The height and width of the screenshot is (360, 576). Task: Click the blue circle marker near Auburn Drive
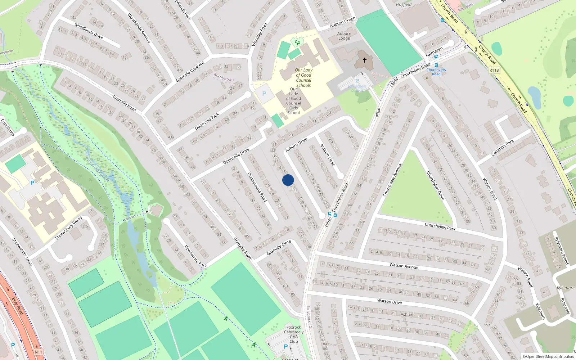pos(288,180)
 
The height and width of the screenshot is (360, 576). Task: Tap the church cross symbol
pos(364,60)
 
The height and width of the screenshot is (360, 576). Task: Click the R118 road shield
pos(494,70)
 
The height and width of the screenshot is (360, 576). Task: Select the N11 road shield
pos(39,352)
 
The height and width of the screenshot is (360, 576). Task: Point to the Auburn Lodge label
pos(344,36)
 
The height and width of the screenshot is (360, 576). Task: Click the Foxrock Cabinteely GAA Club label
pos(294,334)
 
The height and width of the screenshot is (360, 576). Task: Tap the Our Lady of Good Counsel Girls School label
pos(293,101)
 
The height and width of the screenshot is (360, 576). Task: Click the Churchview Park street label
pos(440,226)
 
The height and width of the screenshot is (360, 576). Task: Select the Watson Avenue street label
pos(404,266)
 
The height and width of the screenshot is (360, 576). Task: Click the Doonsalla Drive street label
pos(236,157)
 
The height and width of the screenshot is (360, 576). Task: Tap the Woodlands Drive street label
pos(89,31)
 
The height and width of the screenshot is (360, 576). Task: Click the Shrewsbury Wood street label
pos(68,228)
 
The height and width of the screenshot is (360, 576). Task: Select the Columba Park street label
pos(503,148)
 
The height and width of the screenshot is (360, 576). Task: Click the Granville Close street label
pos(279,248)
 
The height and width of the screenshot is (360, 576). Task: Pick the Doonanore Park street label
pos(195,256)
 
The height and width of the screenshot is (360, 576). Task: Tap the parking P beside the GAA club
pos(286,347)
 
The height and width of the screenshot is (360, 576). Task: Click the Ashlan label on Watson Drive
pos(407,314)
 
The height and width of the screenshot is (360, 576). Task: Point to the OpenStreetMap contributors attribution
pos(548,357)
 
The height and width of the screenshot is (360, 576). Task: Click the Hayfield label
pos(404,5)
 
